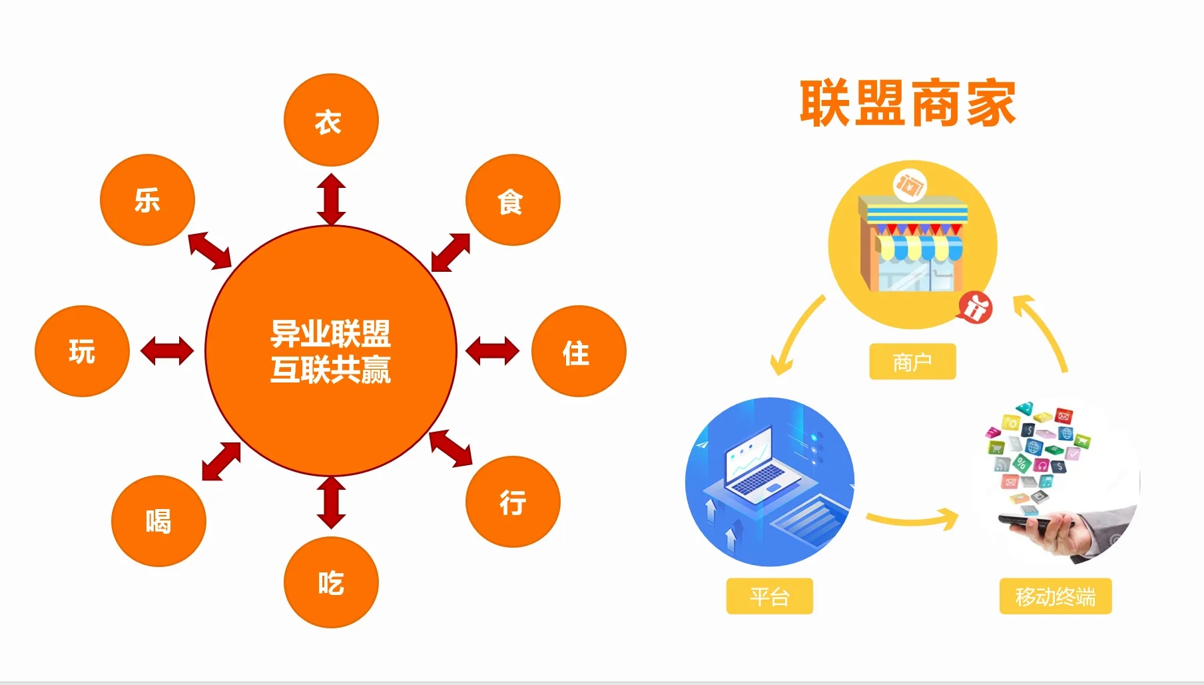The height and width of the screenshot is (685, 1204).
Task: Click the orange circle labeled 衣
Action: pyautogui.click(x=331, y=120)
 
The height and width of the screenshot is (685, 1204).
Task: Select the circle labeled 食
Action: pyautogui.click(x=513, y=200)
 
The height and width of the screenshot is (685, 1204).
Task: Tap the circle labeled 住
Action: pyautogui.click(x=579, y=351)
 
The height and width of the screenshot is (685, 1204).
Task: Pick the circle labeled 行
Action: pyautogui.click(x=513, y=502)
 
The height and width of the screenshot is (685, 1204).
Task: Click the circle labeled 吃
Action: pyautogui.click(x=331, y=582)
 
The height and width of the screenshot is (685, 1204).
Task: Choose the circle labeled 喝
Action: pyautogui.click(x=158, y=520)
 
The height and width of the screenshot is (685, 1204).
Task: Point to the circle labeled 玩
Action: pyautogui.click(x=82, y=351)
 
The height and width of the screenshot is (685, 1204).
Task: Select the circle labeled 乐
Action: pyautogui.click(x=147, y=200)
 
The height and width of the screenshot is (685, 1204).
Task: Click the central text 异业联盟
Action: pyautogui.click(x=330, y=333)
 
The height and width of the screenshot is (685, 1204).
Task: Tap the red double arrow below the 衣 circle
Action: pyautogui.click(x=331, y=199)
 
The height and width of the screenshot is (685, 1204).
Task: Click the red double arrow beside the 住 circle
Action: pyautogui.click(x=493, y=351)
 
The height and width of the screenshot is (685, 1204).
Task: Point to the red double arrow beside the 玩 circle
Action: pyautogui.click(x=167, y=351)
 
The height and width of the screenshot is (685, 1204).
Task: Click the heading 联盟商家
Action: pyautogui.click(x=908, y=103)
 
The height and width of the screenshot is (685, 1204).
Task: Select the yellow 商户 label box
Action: pyautogui.click(x=912, y=362)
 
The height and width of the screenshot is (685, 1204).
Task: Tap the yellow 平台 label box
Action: pyautogui.click(x=769, y=596)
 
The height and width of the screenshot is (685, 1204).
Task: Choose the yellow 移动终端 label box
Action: pyautogui.click(x=1055, y=596)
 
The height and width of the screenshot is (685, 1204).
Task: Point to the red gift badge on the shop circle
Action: pyautogui.click(x=976, y=309)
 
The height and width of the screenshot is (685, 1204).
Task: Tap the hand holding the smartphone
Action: pyautogui.click(x=1065, y=530)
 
